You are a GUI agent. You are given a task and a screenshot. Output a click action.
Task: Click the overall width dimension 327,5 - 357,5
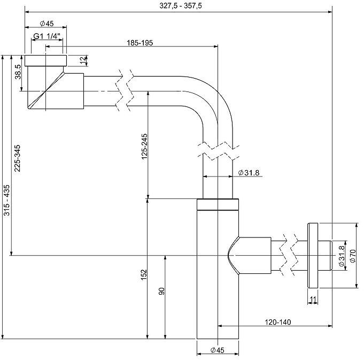point(179,6)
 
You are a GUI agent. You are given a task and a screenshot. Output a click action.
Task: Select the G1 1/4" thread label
point(47,36)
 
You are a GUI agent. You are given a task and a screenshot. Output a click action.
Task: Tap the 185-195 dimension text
point(141,43)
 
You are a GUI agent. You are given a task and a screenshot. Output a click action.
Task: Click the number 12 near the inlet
point(82,60)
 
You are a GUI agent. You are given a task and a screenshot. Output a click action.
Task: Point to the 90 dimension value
point(162,292)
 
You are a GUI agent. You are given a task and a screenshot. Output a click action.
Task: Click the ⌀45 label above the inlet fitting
point(47,24)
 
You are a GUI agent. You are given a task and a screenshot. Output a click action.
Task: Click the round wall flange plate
point(312,256)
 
